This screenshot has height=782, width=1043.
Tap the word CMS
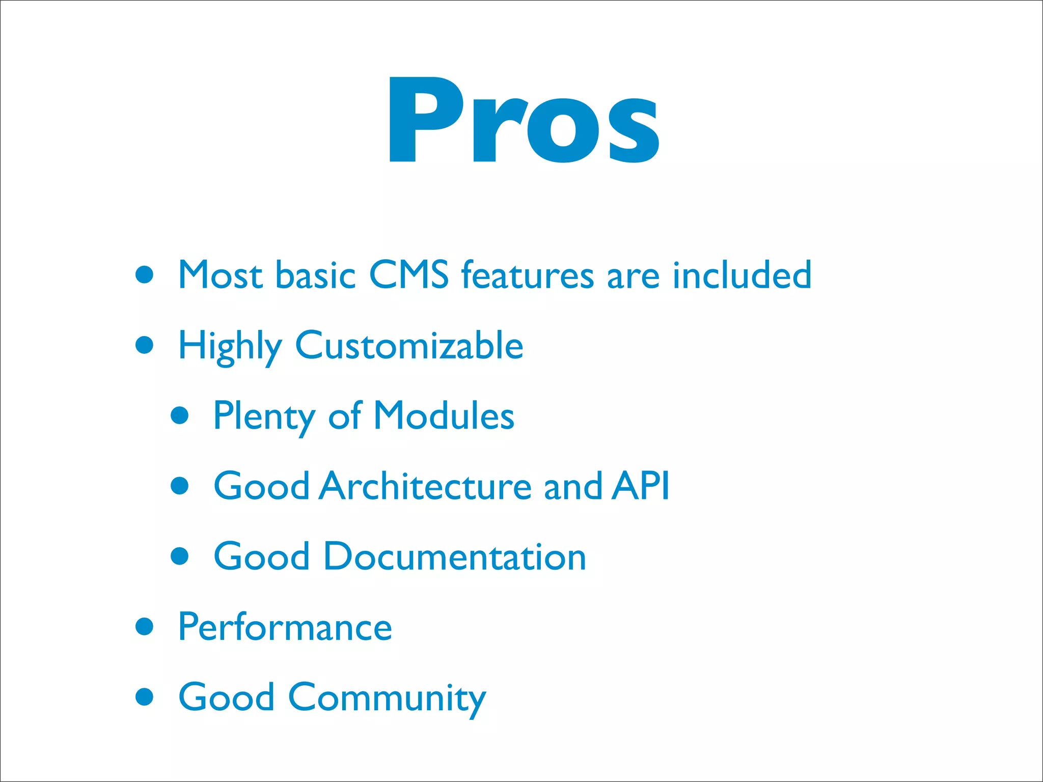click(x=408, y=275)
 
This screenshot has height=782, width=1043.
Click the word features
click(x=528, y=275)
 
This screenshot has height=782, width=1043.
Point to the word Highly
click(x=230, y=346)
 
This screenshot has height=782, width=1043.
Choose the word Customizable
click(x=409, y=345)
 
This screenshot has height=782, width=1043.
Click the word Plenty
click(x=264, y=416)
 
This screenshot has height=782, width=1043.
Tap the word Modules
click(x=444, y=416)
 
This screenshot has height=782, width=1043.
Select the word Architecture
click(x=426, y=486)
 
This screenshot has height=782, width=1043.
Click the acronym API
click(x=641, y=486)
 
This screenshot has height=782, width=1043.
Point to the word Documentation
click(x=454, y=556)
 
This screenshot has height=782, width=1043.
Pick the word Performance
click(x=285, y=627)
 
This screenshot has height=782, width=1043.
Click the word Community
click(x=387, y=697)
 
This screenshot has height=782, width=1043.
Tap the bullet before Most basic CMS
click(x=145, y=275)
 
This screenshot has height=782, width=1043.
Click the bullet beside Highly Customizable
click(x=145, y=345)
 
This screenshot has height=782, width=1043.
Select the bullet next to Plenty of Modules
click(x=180, y=415)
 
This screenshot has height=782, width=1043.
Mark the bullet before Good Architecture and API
click(x=180, y=486)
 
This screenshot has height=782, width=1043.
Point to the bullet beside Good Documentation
click(x=180, y=556)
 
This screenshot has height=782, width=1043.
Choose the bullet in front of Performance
click(x=145, y=626)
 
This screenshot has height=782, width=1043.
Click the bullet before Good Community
click(x=145, y=696)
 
